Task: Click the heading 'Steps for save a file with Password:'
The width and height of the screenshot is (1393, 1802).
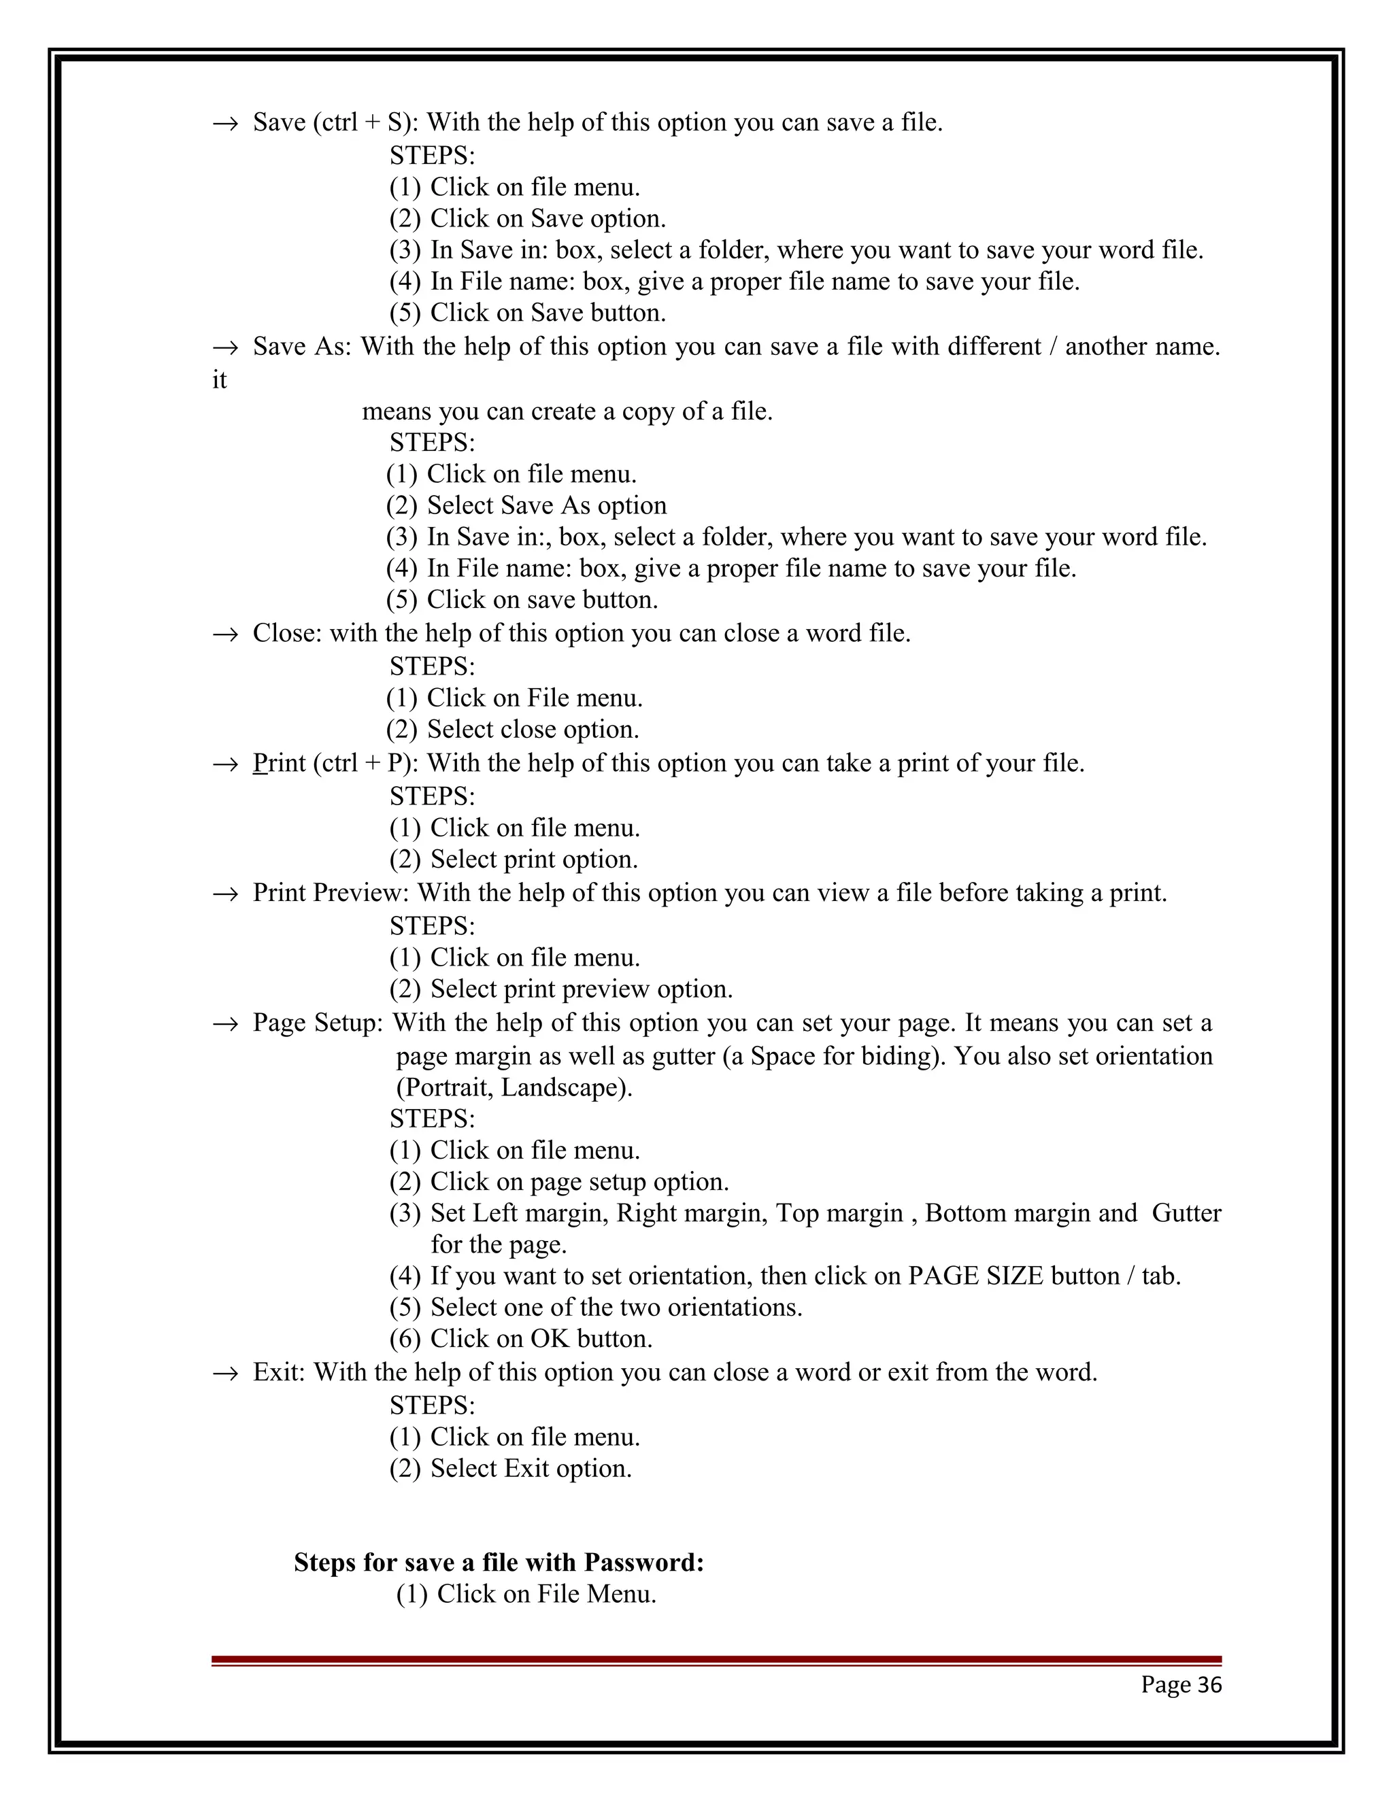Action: tap(499, 1562)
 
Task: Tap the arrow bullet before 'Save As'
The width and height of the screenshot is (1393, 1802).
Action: tap(224, 347)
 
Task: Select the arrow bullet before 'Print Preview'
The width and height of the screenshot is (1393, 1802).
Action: tap(224, 894)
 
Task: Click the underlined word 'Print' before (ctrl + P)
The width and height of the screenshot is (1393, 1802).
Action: tap(279, 763)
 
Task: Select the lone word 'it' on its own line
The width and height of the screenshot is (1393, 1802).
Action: tap(219, 380)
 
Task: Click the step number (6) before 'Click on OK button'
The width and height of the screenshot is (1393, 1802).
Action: tap(405, 1338)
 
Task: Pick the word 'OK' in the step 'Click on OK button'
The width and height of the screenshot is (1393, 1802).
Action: tap(550, 1338)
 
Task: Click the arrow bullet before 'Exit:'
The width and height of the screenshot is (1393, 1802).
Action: tap(224, 1373)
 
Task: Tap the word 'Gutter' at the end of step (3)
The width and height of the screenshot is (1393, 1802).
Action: tap(1186, 1213)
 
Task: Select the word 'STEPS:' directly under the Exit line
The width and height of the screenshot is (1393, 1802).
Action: tap(432, 1404)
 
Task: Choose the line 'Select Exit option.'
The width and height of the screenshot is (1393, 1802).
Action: tap(531, 1469)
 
